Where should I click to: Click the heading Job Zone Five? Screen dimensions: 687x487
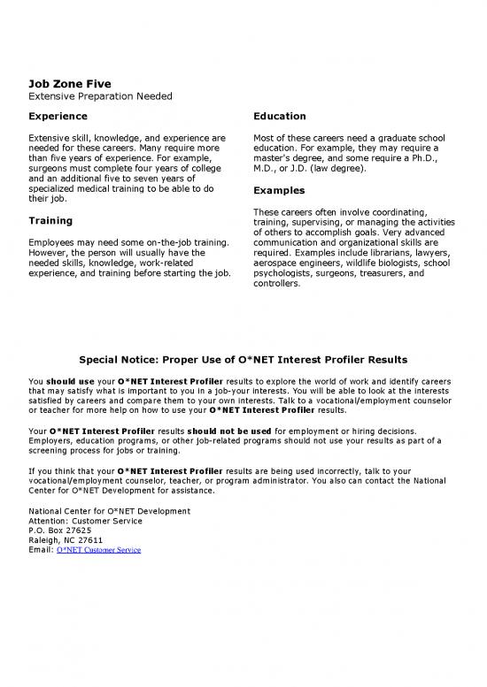pyautogui.click(x=69, y=83)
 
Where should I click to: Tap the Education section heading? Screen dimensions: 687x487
pyautogui.click(x=279, y=116)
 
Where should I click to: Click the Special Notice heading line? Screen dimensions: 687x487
pyautogui.click(x=243, y=360)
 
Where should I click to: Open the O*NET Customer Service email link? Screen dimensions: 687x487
pyautogui.click(x=97, y=549)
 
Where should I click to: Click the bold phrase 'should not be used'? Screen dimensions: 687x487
pyautogui.click(x=232, y=431)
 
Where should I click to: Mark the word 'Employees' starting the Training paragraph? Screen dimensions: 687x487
pyautogui.click(x=55, y=242)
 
